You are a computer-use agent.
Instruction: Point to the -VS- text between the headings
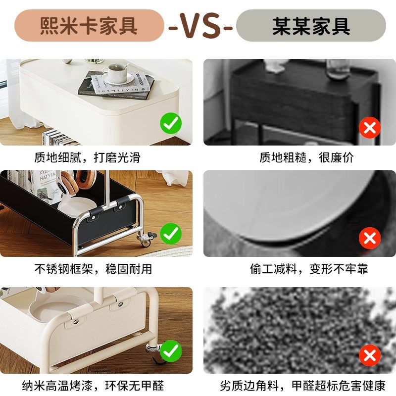click(200, 26)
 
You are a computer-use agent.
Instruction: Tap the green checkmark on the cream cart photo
click(171, 351)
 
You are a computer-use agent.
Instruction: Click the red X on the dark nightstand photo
click(369, 129)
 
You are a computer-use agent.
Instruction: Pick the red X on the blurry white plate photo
click(369, 239)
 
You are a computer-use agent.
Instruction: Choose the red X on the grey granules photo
click(369, 355)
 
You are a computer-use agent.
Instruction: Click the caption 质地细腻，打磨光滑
click(87, 157)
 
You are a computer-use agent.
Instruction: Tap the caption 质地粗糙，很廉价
click(307, 157)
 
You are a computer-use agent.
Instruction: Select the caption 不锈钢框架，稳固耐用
click(93, 269)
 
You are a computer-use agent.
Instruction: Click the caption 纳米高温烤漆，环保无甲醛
click(93, 385)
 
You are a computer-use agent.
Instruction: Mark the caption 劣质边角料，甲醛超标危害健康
click(302, 385)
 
